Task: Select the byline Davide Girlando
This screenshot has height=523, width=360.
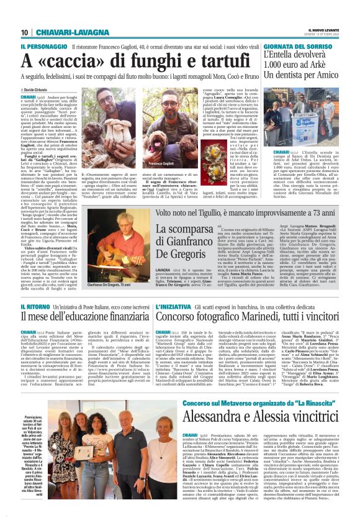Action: pyautogui.click(x=37, y=91)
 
